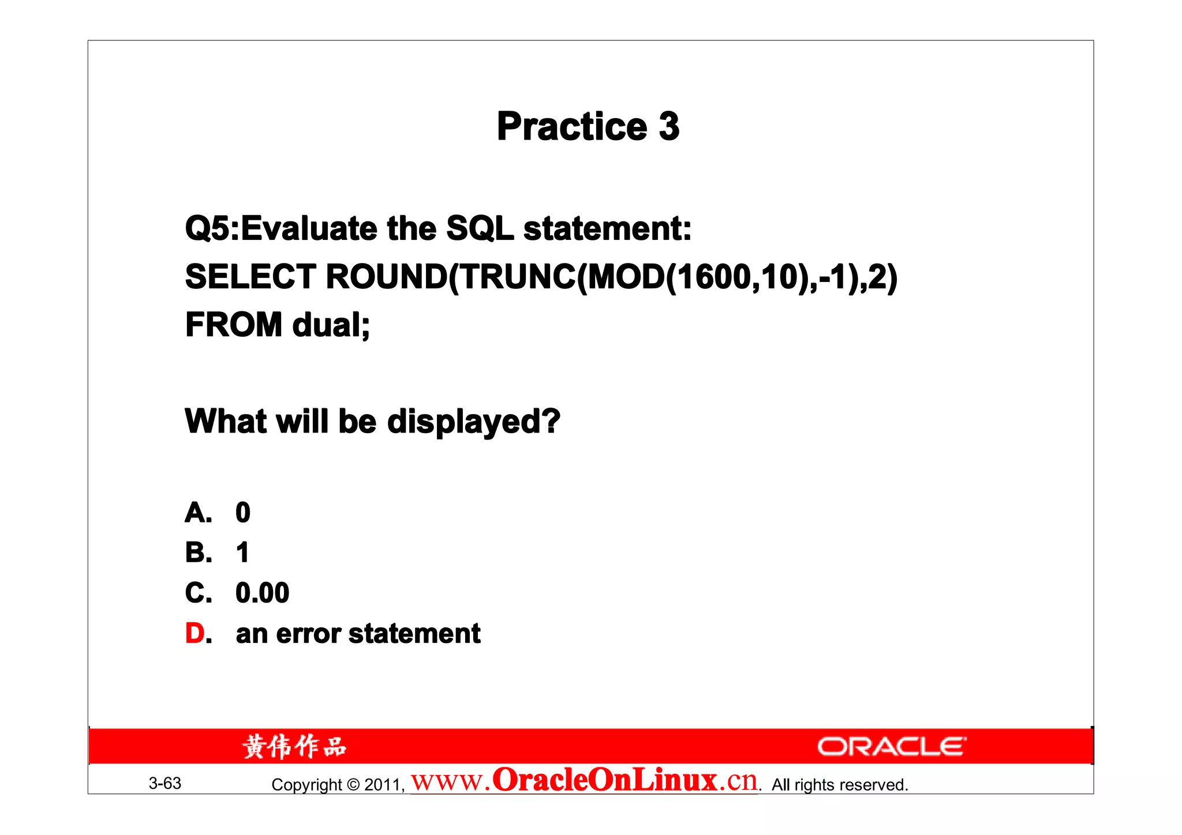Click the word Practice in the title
click(571, 127)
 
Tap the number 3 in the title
click(669, 126)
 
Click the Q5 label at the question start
click(206, 228)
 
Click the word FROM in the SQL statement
click(233, 325)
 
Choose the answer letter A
click(196, 513)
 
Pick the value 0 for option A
click(243, 513)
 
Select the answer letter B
click(196, 553)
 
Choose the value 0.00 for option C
click(262, 593)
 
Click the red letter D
click(195, 634)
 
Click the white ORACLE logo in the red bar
click(891, 747)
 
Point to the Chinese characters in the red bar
click(294, 747)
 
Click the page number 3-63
click(165, 784)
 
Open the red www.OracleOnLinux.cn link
click(584, 781)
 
